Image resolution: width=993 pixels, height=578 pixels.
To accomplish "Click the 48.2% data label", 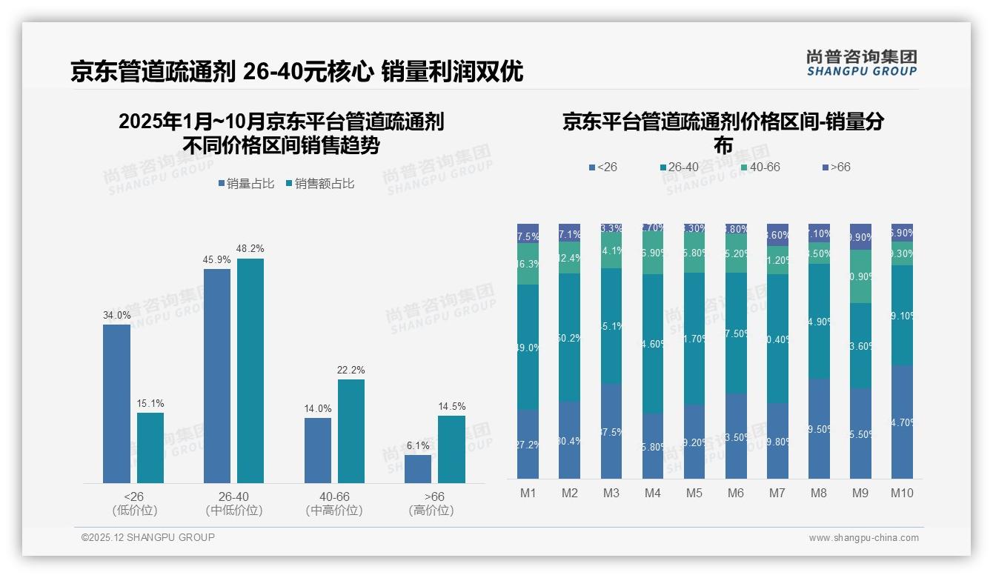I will tap(250, 248).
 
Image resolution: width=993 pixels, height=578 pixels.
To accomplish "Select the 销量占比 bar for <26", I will tap(116, 404).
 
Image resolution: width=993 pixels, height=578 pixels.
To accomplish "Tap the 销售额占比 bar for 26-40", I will tap(250, 371).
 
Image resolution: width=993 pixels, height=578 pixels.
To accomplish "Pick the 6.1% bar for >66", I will tap(418, 469).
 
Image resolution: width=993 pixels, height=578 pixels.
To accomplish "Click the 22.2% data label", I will tap(351, 370).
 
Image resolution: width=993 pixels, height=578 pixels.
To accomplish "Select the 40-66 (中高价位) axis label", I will tap(334, 503).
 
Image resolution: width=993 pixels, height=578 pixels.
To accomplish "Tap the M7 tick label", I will tap(777, 493).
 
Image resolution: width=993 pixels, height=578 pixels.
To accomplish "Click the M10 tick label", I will tap(901, 493).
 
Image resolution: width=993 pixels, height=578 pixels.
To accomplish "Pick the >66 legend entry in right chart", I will tap(836, 167).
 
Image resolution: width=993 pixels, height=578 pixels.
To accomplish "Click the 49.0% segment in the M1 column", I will tap(528, 347).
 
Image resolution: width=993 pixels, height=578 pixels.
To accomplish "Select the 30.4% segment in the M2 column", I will tap(569, 440).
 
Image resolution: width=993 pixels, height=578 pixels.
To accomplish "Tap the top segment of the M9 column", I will tap(860, 236).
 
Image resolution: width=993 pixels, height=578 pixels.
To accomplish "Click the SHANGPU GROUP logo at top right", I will tap(861, 63).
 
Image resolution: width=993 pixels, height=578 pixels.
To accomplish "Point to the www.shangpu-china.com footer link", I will tap(863, 538).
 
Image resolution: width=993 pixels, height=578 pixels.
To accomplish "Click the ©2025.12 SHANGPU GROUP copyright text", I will tap(148, 537).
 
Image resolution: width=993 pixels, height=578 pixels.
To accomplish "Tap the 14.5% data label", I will tap(452, 406).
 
